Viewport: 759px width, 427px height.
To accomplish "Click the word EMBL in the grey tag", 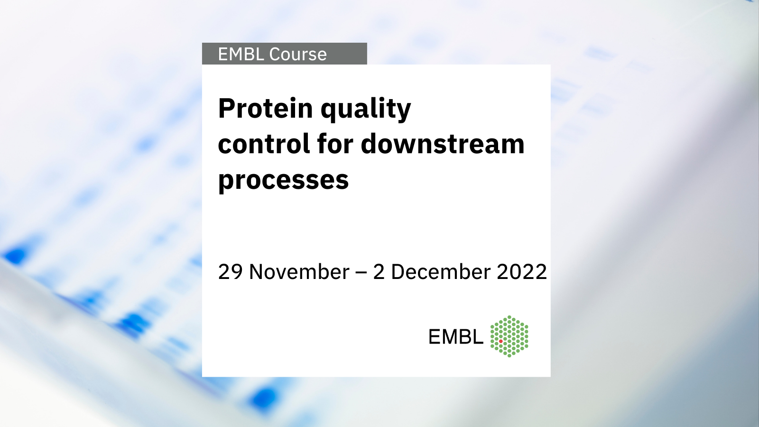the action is tap(241, 54).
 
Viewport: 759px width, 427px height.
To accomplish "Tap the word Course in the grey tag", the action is tap(298, 54).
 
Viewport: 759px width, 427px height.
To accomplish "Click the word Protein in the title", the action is tap(265, 108).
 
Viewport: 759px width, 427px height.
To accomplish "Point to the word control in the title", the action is tap(264, 144).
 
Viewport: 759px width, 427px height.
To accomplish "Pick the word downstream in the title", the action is tap(443, 144).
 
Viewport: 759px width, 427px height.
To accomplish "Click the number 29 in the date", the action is tap(231, 272).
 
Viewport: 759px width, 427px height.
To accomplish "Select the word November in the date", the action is tap(299, 272).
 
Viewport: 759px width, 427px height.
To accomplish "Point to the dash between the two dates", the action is tap(361, 273).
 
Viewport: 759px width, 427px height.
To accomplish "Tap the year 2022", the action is tap(522, 272).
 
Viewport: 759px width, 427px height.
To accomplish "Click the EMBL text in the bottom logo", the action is tap(456, 337).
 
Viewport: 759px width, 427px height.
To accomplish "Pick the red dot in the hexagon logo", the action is tap(501, 341).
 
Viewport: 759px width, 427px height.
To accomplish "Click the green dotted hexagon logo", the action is tap(509, 336).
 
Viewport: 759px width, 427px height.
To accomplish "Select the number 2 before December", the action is tap(379, 272).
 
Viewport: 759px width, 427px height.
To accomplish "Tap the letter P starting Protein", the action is tap(227, 108).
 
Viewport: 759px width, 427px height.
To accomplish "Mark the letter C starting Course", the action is tap(276, 54).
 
